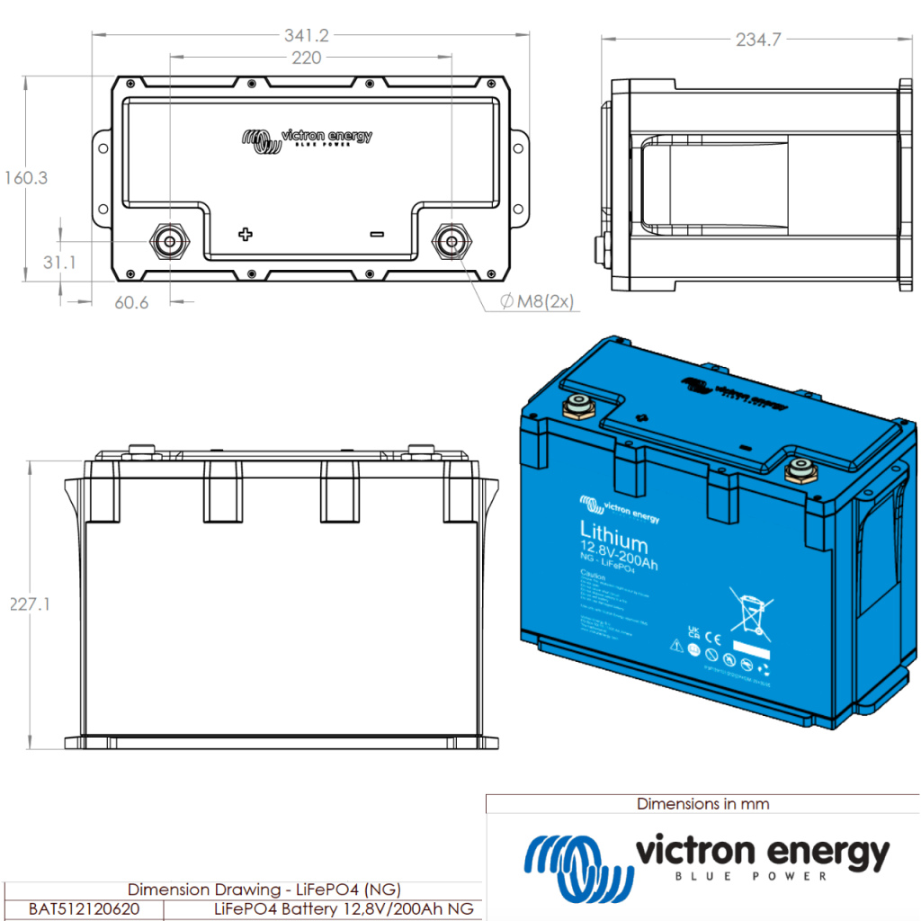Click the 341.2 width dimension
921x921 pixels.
click(306, 36)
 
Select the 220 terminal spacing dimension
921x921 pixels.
click(307, 58)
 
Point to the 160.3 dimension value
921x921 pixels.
click(25, 178)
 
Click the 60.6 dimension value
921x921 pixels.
click(131, 302)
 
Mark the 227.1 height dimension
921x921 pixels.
click(30, 604)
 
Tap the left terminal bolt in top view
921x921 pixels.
click(168, 241)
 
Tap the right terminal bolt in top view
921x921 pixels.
click(450, 241)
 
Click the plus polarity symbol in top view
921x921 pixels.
click(245, 235)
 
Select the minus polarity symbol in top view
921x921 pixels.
click(376, 235)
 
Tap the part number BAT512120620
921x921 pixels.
click(85, 908)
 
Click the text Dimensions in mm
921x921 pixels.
click(702, 803)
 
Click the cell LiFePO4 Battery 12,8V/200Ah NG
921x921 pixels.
click(343, 908)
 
